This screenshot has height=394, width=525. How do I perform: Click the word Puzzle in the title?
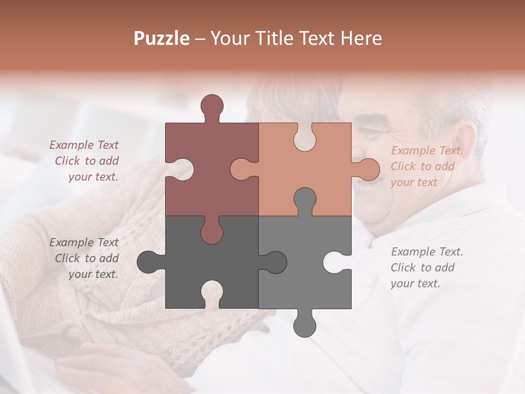pos(162,38)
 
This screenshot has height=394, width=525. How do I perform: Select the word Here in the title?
pos(361,38)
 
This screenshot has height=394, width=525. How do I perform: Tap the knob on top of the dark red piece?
pos(212,106)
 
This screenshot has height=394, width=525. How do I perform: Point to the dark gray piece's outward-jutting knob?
pos(148,262)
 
